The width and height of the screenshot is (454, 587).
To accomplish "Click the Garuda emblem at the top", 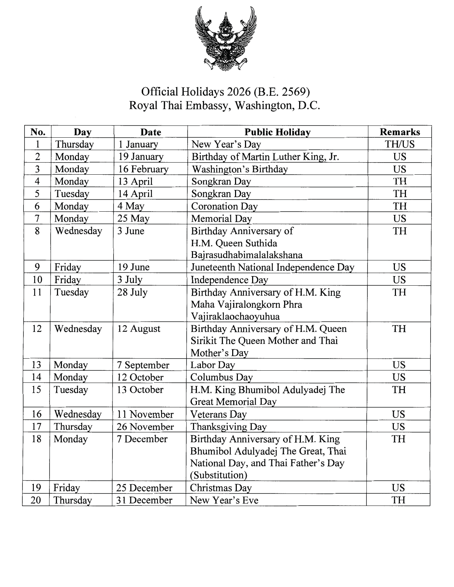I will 226,38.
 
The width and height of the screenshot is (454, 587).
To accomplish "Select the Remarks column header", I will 400,132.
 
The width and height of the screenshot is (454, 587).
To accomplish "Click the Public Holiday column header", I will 277,132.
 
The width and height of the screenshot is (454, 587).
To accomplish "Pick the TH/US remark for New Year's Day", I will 400,144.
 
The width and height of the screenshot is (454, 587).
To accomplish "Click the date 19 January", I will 141,157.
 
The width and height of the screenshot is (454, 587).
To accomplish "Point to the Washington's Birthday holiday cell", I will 240,169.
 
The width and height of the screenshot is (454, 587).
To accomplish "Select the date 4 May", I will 131,206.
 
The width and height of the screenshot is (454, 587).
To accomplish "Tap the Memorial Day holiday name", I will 221,218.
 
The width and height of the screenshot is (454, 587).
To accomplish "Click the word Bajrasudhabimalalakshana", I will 247,255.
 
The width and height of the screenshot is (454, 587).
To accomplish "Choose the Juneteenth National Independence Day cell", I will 272,267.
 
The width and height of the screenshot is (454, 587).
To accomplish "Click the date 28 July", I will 132,292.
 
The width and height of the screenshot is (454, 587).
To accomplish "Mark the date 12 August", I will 139,328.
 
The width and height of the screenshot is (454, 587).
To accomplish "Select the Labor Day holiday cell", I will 213,365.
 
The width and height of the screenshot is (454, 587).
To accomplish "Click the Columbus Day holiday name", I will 221,377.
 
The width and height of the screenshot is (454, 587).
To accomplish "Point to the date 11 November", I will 145,414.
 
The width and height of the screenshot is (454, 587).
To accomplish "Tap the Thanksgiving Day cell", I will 228,427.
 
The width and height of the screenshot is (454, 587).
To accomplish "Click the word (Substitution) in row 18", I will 219,475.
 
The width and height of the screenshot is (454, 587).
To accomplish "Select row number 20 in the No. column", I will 36,500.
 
